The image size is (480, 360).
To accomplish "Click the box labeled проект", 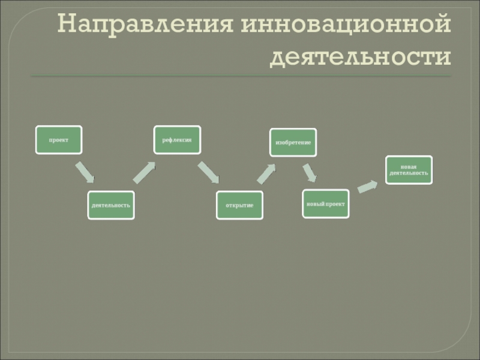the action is (59, 140).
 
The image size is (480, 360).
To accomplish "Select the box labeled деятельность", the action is (111, 205).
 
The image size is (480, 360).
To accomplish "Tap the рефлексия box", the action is (177, 140).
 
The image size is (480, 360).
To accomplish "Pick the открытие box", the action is (239, 205).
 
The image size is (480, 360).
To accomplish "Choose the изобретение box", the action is (293, 143).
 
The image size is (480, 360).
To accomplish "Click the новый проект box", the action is (326, 204).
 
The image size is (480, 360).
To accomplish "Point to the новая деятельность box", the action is (408, 169).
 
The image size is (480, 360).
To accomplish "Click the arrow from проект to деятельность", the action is (85, 172).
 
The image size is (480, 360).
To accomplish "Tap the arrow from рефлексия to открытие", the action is (209, 173).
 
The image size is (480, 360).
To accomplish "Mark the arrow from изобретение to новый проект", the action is (309, 173).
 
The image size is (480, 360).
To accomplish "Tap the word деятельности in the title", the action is (360, 58).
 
